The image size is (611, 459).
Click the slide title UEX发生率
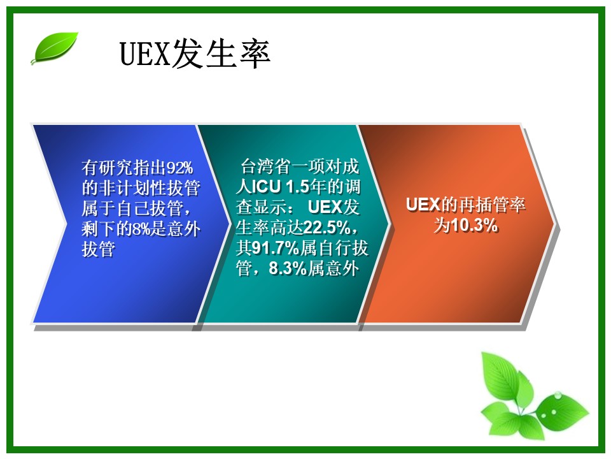click(195, 54)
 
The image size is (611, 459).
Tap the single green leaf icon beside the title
click(55, 48)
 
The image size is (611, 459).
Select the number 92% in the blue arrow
click(179, 168)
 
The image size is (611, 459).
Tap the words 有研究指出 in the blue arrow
click(124, 168)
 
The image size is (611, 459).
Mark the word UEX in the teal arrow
click(325, 207)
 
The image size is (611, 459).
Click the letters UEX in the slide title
click(145, 54)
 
